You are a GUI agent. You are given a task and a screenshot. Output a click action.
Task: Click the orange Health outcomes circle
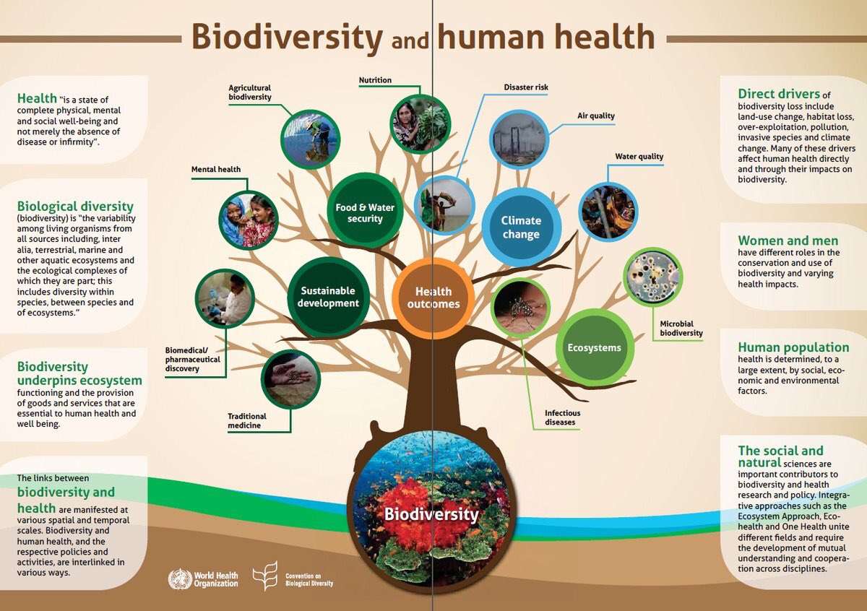[433, 298]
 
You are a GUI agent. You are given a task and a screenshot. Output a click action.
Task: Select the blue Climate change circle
[521, 227]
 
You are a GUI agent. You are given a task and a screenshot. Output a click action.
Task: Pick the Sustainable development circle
[329, 297]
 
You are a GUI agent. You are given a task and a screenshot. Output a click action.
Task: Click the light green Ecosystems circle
[594, 347]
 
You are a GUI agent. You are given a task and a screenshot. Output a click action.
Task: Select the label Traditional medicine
[247, 420]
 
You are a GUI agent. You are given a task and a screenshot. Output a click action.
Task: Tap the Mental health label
[215, 169]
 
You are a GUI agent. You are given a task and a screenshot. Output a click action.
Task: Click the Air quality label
[595, 116]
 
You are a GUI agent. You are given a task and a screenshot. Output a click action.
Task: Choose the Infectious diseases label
[562, 417]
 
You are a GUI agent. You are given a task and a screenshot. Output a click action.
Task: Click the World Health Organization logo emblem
[180, 579]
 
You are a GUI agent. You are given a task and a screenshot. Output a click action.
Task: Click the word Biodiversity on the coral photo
[431, 515]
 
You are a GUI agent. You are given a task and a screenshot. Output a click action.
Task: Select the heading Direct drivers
[779, 94]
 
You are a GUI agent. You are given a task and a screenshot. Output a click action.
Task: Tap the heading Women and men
[788, 240]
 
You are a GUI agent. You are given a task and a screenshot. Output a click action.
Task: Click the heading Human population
[793, 347]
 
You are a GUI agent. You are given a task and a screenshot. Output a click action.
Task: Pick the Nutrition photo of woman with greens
[420, 123]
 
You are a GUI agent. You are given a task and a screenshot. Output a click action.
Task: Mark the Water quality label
[639, 156]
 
